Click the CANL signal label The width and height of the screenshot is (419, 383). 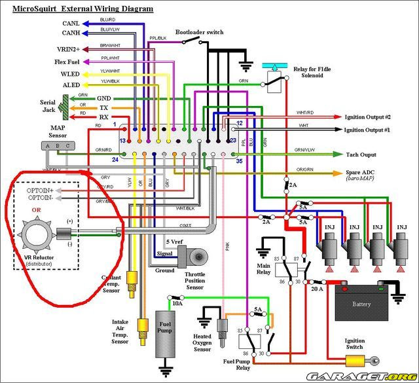click(71, 22)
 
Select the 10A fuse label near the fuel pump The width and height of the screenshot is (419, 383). click(177, 302)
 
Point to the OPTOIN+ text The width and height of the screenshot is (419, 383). click(40, 189)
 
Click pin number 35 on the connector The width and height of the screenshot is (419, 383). click(240, 160)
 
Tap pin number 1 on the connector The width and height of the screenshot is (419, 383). click(115, 124)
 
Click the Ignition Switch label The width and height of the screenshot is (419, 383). click(355, 344)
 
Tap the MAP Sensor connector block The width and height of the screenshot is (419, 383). click(58, 145)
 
